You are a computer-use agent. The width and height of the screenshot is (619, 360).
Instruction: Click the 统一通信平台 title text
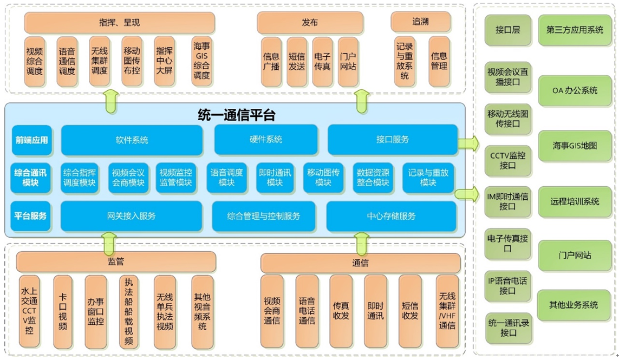tap(236, 115)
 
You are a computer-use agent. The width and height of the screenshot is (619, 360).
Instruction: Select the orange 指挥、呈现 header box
tap(119, 23)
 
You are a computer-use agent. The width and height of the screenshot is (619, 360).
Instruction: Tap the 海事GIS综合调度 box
tap(201, 61)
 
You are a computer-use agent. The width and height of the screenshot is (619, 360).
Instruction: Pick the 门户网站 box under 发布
tap(348, 61)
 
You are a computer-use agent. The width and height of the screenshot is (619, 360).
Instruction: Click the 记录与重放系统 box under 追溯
tap(405, 61)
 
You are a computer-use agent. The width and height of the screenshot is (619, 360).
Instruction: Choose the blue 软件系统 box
tap(132, 140)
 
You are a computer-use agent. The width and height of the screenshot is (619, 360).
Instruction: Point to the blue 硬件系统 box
tap(266, 140)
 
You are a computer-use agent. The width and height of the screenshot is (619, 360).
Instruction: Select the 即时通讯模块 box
tap(275, 178)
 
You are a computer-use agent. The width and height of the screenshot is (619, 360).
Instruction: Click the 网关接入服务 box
tap(131, 216)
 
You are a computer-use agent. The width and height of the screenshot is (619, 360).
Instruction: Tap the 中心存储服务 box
tap(391, 216)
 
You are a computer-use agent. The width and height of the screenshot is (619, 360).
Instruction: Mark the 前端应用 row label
tap(31, 140)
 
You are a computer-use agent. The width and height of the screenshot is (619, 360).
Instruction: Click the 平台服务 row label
tap(31, 216)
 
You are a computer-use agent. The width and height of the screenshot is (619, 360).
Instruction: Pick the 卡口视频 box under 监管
tap(63, 311)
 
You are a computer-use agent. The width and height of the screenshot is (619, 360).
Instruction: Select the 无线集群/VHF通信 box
tap(447, 311)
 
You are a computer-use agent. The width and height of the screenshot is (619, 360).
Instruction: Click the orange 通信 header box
tap(360, 263)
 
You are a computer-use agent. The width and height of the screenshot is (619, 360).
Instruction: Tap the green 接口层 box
tap(507, 30)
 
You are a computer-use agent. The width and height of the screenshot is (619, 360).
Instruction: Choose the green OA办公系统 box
tap(575, 90)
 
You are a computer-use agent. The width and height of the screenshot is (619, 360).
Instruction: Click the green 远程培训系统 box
tap(575, 201)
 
